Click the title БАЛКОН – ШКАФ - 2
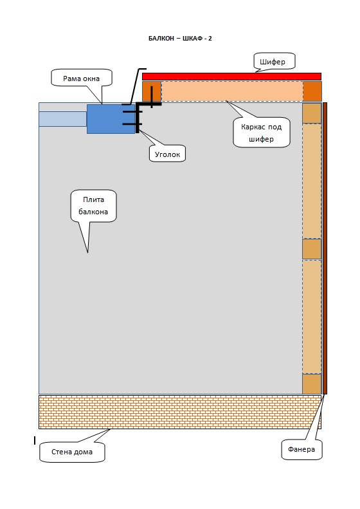(x=180, y=39)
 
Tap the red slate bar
(x=231, y=77)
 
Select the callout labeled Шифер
(x=274, y=61)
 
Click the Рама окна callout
(x=82, y=78)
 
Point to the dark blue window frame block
(x=111, y=119)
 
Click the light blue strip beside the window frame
(x=63, y=119)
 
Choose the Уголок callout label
(x=167, y=154)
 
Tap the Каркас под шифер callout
(x=262, y=133)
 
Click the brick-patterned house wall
(x=180, y=412)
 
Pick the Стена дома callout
(x=73, y=452)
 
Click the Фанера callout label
(x=301, y=449)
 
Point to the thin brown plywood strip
(x=325, y=248)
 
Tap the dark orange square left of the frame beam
(x=152, y=91)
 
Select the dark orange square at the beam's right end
(x=312, y=91)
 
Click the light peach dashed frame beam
(x=232, y=91)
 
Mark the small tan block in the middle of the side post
(x=312, y=249)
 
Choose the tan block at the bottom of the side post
(x=312, y=384)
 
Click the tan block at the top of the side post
(x=312, y=113)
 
